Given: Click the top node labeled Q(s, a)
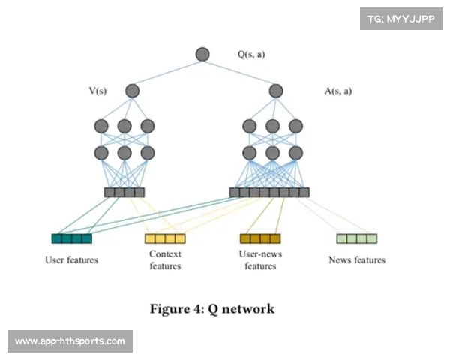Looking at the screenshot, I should pos(202,54).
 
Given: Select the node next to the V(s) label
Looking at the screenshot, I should pos(133,91).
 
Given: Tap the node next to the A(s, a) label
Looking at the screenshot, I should pos(276,91).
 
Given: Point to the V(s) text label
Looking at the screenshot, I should pos(97,91).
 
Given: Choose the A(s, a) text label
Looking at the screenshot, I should pos(338,91).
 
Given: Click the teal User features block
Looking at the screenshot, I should pos(71,238).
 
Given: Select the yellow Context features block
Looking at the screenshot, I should pos(165,238).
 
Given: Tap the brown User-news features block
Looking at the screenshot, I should pos(259,238).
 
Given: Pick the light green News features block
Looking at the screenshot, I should pos(356,238).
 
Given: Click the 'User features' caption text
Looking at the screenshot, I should pos(71,260).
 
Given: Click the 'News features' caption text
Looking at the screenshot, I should pos(356,260).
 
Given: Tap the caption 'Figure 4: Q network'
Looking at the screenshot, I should pos(212,308).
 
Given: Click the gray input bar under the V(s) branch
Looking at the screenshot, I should pos(124,192).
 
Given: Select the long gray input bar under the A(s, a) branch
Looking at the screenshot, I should pos(268,192).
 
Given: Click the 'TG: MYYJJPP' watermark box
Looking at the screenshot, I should pos(401,19).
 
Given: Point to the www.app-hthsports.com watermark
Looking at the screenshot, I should pos(71,341).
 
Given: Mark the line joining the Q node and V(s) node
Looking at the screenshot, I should pos(168,72).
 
